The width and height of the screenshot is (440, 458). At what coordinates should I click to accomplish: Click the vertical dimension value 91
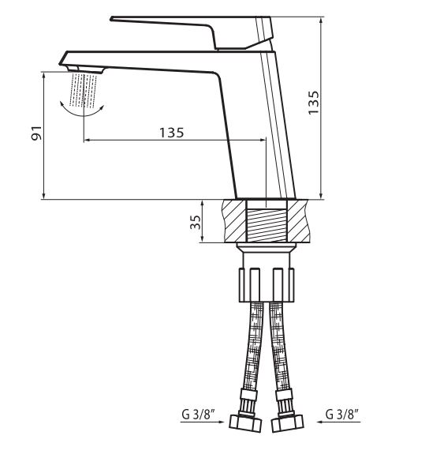(x=37, y=133)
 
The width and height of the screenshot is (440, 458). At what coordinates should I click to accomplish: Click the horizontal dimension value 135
(x=171, y=133)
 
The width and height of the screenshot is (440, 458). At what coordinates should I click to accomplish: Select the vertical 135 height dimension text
(x=314, y=103)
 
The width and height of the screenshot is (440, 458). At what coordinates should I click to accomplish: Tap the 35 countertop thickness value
(x=196, y=222)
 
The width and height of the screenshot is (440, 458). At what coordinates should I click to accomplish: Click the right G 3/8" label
(x=341, y=415)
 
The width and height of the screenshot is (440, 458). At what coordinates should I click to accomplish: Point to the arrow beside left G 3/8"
(x=202, y=422)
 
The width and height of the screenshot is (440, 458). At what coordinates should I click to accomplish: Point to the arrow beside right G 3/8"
(x=339, y=422)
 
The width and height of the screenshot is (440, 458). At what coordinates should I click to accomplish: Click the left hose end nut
(x=245, y=422)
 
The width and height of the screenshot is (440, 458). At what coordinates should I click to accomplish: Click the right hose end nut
(x=288, y=422)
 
